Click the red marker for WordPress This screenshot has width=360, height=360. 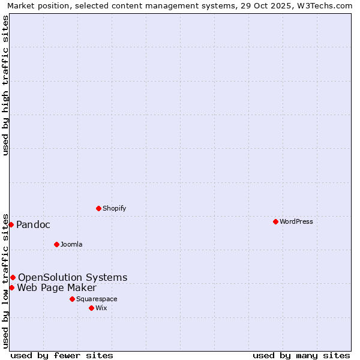275,221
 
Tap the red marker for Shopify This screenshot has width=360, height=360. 98,208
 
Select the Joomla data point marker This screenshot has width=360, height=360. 56,244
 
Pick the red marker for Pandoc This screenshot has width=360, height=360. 11,224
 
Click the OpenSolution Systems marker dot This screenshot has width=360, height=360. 13,277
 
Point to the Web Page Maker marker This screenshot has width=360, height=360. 11,287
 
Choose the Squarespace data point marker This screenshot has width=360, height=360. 72,299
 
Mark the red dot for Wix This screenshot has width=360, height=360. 91,308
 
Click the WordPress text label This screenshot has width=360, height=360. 296,221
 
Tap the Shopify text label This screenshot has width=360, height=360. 114,208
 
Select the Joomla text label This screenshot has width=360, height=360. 71,244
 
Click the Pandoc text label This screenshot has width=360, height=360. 33,224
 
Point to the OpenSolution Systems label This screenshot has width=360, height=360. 73,277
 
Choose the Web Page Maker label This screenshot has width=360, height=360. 56,287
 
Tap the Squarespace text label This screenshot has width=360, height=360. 97,299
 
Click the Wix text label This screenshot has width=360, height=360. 101,308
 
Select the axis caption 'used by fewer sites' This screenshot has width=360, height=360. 62,355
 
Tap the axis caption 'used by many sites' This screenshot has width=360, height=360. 301,355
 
